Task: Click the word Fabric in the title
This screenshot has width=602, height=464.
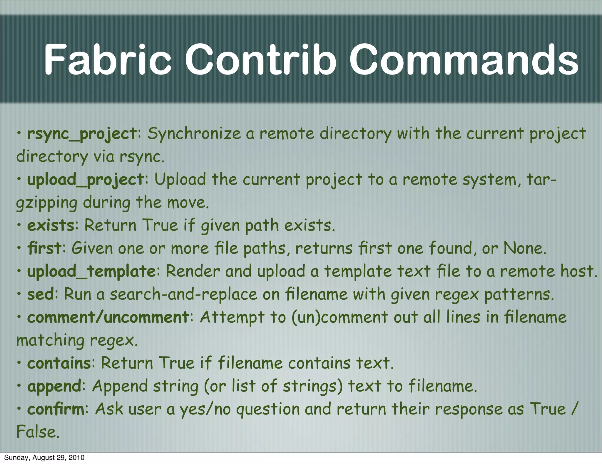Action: (x=108, y=59)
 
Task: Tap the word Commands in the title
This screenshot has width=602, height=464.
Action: (x=464, y=59)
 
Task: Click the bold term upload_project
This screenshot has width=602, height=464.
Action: (x=86, y=180)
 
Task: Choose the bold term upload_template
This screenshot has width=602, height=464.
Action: (x=91, y=271)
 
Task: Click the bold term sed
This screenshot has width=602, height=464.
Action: (x=41, y=294)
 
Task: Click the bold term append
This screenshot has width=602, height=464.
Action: (x=54, y=386)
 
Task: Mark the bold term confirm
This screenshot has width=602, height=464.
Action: (x=56, y=409)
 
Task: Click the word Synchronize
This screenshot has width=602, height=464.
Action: (x=194, y=134)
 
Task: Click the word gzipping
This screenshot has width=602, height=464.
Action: (x=46, y=203)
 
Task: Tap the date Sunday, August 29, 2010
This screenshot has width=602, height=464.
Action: (x=44, y=458)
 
